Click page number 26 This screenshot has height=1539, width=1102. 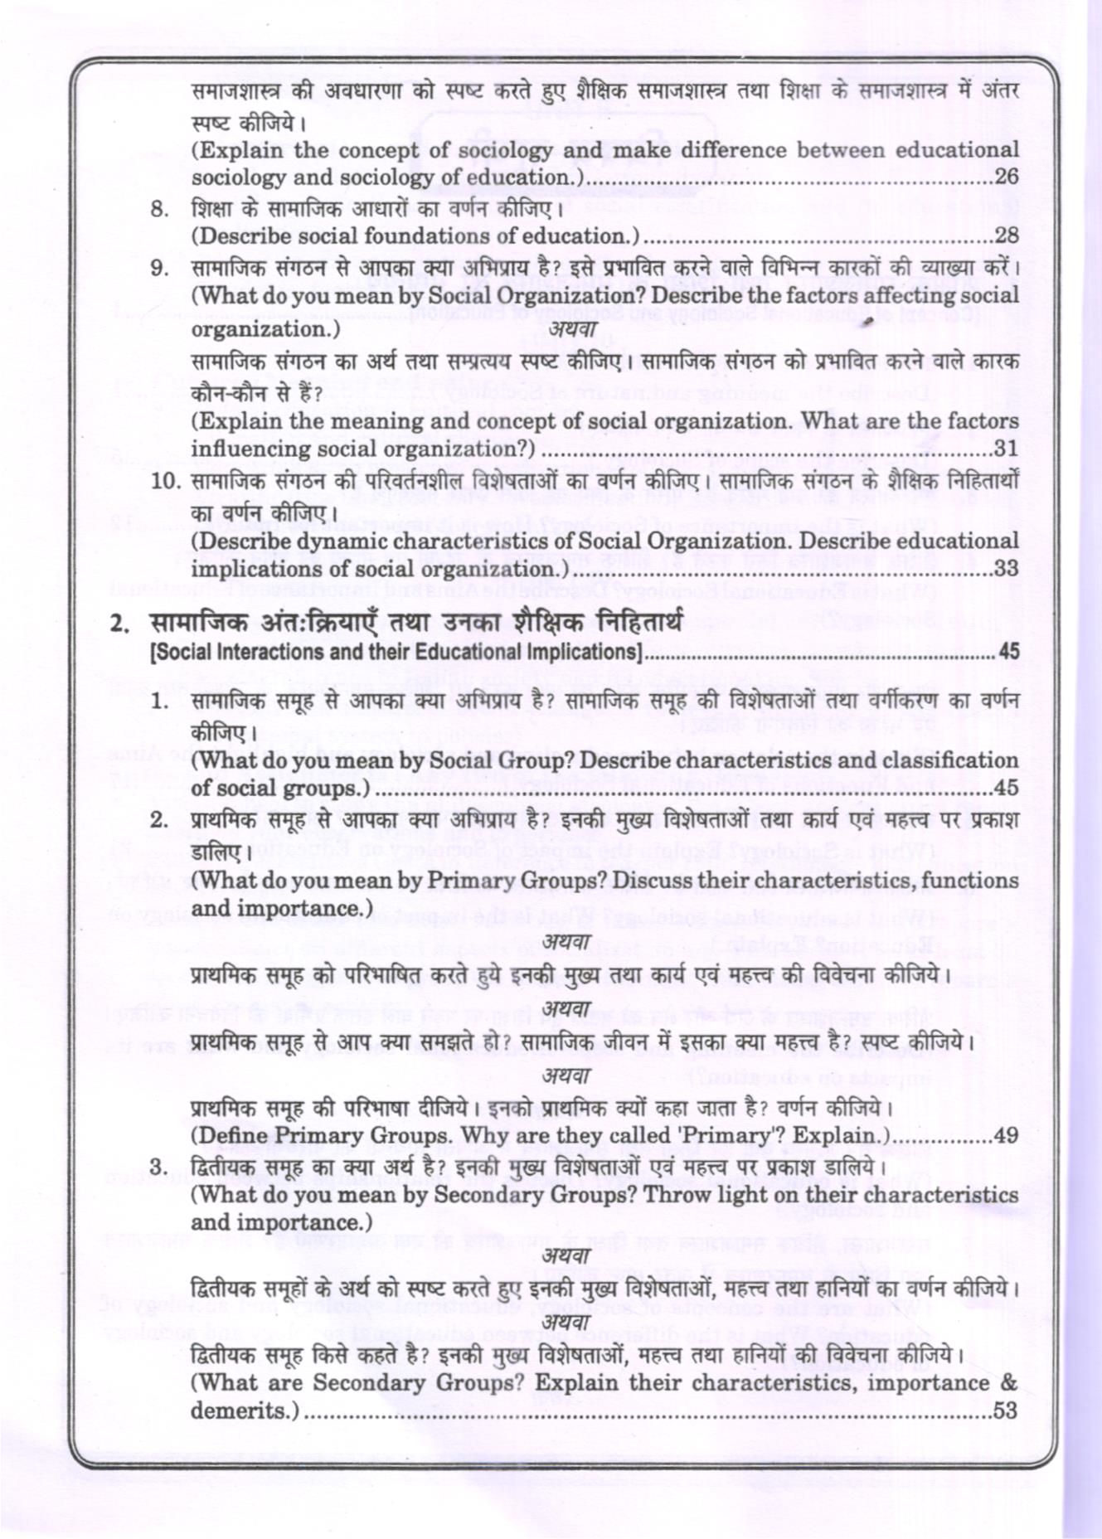1006,177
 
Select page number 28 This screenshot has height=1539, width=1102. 1006,235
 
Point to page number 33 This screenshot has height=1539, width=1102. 1006,569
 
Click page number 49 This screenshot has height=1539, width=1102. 1005,1135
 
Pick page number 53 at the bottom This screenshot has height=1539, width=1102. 1005,1410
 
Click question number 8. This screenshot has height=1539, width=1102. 159,209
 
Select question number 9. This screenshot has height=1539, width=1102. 159,269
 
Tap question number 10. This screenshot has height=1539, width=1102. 165,481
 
